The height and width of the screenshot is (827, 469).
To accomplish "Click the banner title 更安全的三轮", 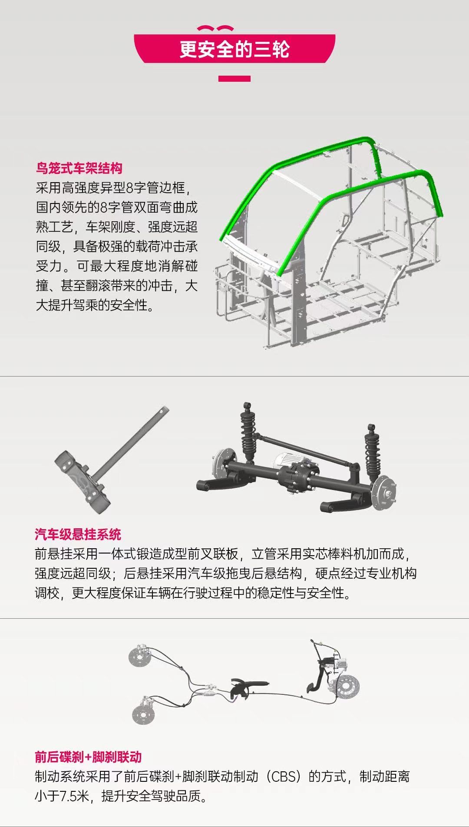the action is pos(234,49).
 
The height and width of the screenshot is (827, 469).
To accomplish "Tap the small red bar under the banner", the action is pos(234,79).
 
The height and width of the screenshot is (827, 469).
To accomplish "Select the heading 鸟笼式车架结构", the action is pos(79,168).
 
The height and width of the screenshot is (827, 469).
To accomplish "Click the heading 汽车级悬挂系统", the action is pos(78,534).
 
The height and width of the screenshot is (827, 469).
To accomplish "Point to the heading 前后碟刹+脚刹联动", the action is pos(88,757).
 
